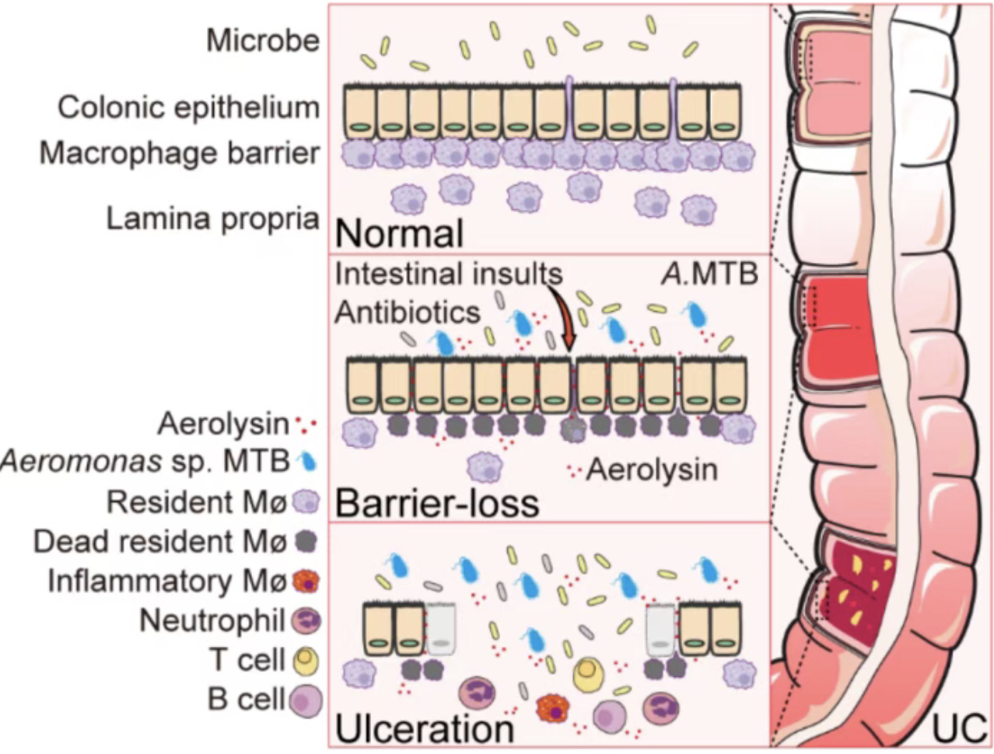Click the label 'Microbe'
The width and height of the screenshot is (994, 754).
[x=263, y=41]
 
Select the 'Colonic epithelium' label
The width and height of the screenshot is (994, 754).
[x=189, y=108]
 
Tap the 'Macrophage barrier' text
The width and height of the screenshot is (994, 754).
[x=180, y=153]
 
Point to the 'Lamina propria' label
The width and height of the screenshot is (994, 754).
[x=213, y=219]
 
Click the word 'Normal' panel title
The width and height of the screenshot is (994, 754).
[x=399, y=233]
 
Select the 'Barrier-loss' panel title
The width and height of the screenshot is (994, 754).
[x=437, y=503]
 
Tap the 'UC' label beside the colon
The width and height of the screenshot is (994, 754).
[x=959, y=728]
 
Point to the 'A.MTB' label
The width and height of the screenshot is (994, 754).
[x=709, y=274]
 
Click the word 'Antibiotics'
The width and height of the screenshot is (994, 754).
[x=407, y=312]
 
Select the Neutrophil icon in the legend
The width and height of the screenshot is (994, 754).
[x=306, y=620]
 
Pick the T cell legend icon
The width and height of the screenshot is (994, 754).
[x=306, y=660]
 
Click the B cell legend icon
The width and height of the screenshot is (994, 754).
[x=306, y=700]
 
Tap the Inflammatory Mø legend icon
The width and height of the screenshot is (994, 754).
[x=306, y=581]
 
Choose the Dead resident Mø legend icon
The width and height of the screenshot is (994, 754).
[x=306, y=541]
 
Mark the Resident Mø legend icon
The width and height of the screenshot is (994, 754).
[x=306, y=501]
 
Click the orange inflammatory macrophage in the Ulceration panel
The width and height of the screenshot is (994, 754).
[x=553, y=709]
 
